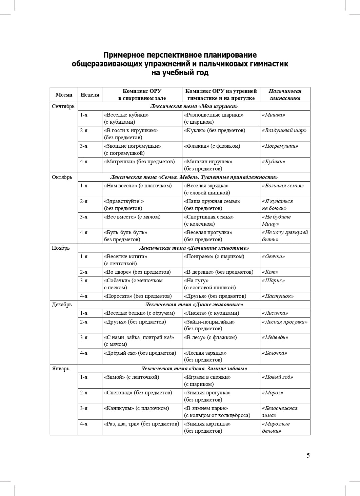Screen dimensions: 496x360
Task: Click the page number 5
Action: pyautogui.click(x=308, y=455)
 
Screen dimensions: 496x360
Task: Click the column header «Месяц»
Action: pyautogui.click(x=64, y=95)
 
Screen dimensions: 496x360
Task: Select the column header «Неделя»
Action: pyautogui.click(x=90, y=95)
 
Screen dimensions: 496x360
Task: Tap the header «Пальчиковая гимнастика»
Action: pyautogui.click(x=285, y=95)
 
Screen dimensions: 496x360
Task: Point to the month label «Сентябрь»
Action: pyautogui.click(x=63, y=106)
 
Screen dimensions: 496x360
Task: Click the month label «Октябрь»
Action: pyautogui.click(x=62, y=177)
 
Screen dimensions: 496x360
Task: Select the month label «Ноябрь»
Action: pyautogui.click(x=61, y=248)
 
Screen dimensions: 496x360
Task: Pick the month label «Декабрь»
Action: pyautogui.click(x=62, y=305)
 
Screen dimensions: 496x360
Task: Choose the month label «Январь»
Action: pyautogui.click(x=60, y=369)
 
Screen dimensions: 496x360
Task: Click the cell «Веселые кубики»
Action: pyautogui.click(x=126, y=115)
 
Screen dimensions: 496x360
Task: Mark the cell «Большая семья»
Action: pyautogui.click(x=283, y=186)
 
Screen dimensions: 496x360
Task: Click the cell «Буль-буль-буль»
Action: pyautogui.click(x=125, y=232)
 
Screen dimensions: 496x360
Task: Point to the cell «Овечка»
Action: pyautogui.click(x=273, y=256)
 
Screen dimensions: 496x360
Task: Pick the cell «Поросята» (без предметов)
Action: pyautogui.click(x=138, y=296)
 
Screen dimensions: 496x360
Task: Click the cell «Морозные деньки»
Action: pyautogui.click(x=276, y=427)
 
